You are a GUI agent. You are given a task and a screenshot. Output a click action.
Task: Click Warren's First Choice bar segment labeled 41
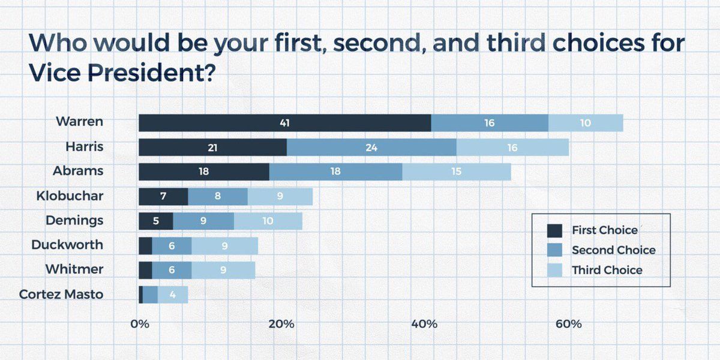[284, 122]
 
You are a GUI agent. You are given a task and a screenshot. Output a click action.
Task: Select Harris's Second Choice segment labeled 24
[371, 147]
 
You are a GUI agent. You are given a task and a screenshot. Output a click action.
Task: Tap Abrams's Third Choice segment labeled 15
[456, 172]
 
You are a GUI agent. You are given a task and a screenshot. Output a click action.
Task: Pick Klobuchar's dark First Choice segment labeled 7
[163, 196]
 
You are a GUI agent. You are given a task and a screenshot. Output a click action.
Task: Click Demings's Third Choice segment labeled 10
[268, 221]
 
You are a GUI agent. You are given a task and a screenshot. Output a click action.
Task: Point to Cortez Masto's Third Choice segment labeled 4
[173, 295]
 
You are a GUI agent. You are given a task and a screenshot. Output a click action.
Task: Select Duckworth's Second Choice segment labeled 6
[172, 245]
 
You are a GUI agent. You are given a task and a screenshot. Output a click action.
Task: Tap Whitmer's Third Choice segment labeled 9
[223, 270]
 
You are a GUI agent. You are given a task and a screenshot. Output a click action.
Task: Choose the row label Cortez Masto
[61, 294]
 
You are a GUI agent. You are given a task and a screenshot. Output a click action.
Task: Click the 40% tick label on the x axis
[424, 324]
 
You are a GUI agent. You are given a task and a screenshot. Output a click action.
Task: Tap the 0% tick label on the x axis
[139, 324]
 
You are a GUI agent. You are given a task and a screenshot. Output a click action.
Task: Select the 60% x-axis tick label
[568, 324]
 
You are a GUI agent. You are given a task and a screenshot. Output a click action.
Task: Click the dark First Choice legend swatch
[554, 230]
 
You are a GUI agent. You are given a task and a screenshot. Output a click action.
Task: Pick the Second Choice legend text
[613, 250]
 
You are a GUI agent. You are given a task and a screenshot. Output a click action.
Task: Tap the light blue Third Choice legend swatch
[554, 270]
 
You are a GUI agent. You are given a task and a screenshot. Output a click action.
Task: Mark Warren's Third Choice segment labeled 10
[585, 122]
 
